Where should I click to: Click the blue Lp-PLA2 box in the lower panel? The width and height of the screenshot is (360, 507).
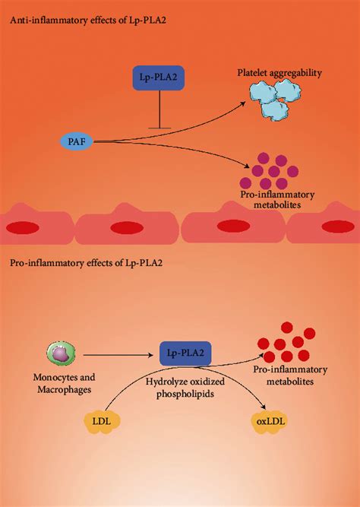[x=185, y=353]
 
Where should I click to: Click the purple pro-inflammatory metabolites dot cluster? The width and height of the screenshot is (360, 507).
[x=262, y=173]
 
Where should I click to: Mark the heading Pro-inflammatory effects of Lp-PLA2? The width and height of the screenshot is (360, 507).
[x=86, y=263]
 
